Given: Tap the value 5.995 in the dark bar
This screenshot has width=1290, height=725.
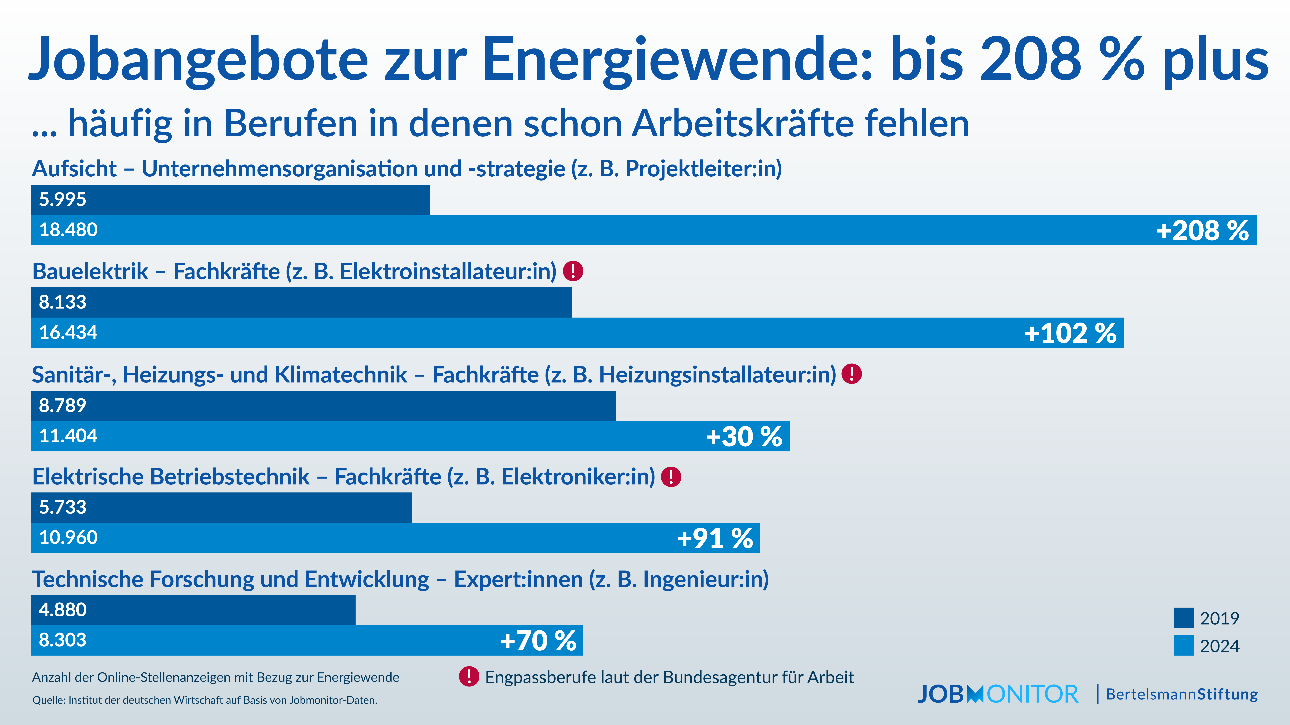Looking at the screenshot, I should click(x=63, y=200).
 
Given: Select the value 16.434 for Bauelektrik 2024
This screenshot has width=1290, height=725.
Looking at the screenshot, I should click(x=68, y=332).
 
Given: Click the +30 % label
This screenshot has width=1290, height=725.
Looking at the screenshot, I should click(x=744, y=436).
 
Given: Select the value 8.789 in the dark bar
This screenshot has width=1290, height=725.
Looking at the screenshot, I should click(x=63, y=405).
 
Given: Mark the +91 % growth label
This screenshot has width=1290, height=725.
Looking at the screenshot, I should click(x=715, y=538).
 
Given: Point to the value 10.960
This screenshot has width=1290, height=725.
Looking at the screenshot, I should click(x=68, y=537).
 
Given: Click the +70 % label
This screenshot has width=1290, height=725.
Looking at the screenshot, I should click(x=538, y=640).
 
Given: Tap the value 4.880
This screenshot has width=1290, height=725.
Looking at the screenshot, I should click(x=63, y=610).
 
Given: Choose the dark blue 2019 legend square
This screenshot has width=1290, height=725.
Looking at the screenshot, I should click(x=1183, y=618).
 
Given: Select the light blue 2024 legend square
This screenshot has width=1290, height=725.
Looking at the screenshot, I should click(x=1183, y=645).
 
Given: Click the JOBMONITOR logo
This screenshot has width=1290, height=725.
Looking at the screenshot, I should click(x=997, y=694).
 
